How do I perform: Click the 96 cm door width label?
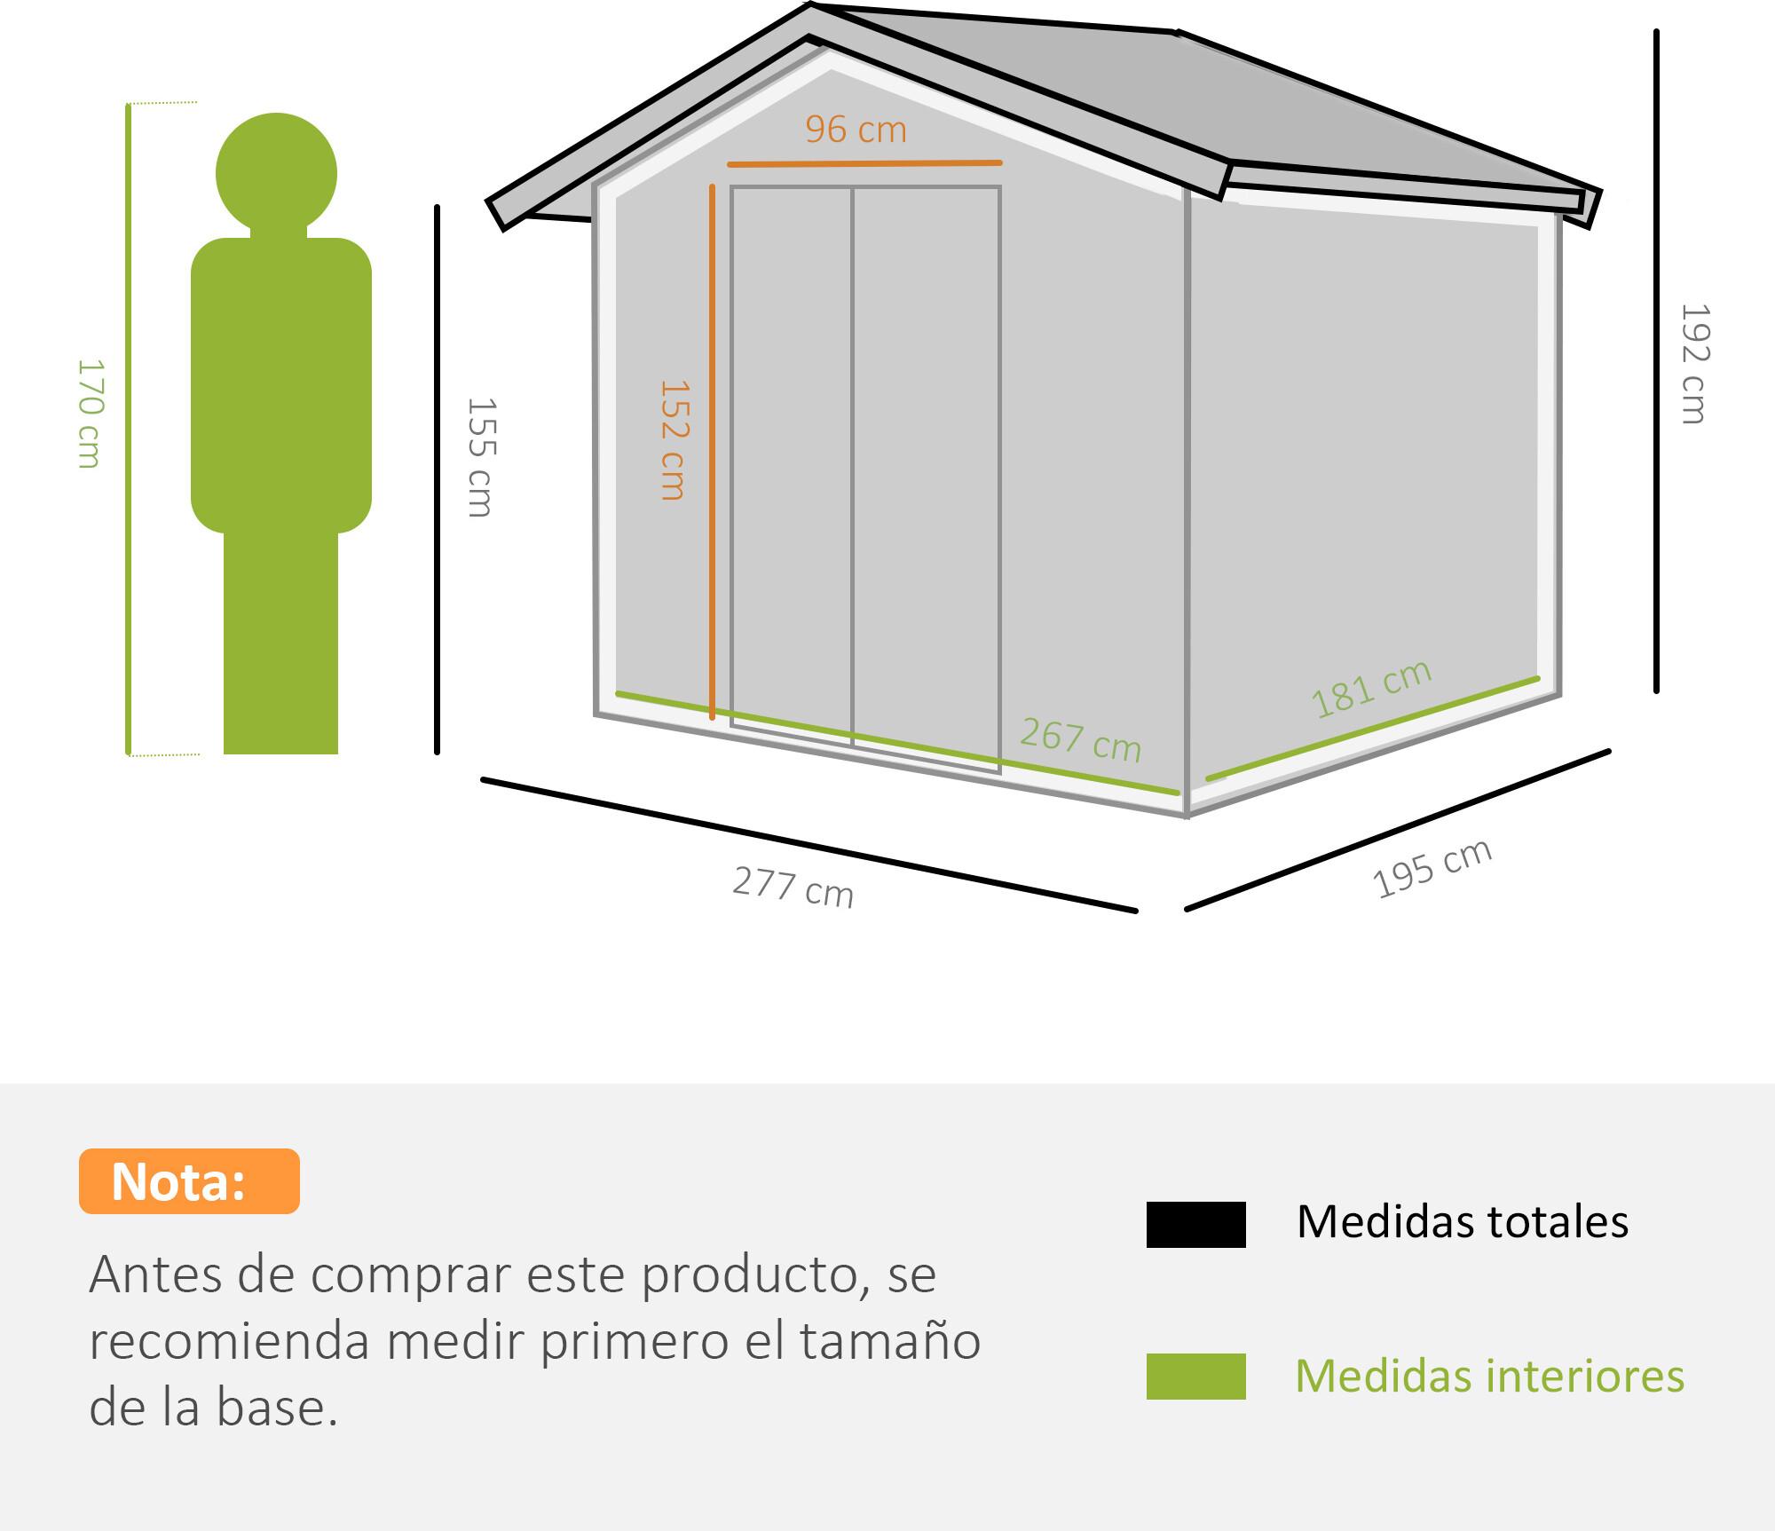tap(856, 130)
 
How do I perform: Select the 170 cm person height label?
tap(90, 414)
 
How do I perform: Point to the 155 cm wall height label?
tap(480, 457)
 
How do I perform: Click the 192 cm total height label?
tap(1693, 364)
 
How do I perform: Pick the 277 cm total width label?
tap(793, 887)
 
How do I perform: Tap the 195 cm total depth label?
tap(1432, 868)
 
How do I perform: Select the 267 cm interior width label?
tap(1080, 739)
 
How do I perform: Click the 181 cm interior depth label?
tap(1372, 688)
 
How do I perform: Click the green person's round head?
tap(276, 174)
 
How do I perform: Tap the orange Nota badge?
tap(189, 1181)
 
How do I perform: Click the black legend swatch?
tap(1195, 1225)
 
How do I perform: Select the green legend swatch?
tap(1195, 1377)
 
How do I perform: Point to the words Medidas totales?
tap(1463, 1222)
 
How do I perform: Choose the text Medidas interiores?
tap(1490, 1377)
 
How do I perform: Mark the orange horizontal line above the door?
tap(864, 163)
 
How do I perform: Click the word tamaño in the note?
tap(891, 1341)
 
